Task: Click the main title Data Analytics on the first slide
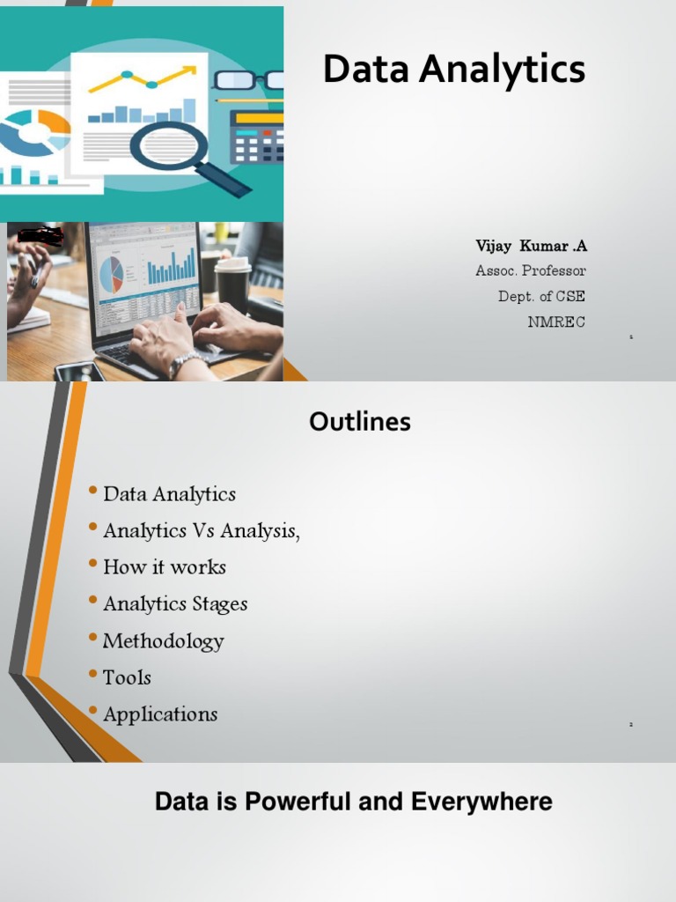click(x=453, y=70)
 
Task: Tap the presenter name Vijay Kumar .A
click(x=531, y=245)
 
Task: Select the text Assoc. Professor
click(x=530, y=270)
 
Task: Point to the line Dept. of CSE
click(x=541, y=296)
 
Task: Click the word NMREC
click(x=556, y=322)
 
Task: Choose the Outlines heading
click(x=360, y=423)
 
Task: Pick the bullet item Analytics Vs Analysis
click(x=202, y=531)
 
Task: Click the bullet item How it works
click(x=165, y=567)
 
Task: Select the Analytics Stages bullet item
click(x=175, y=604)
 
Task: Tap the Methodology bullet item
click(x=164, y=641)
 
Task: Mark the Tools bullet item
click(x=127, y=677)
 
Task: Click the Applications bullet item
click(x=160, y=714)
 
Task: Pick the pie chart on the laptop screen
click(x=112, y=275)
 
